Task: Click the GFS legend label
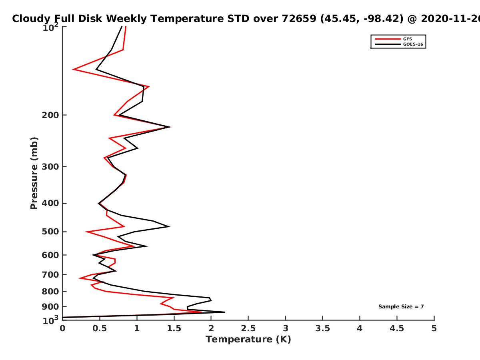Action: point(407,39)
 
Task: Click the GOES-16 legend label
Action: point(413,44)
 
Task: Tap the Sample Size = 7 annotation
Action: point(401,307)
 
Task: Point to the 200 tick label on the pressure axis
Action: point(50,115)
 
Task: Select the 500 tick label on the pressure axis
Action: point(50,232)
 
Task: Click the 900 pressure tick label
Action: point(50,307)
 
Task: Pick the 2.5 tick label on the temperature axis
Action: point(248,328)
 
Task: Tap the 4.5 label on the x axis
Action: point(397,328)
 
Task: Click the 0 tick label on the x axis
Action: point(62,328)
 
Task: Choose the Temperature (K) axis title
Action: point(248,340)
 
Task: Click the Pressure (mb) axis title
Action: point(34,173)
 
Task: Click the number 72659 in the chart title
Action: point(299,19)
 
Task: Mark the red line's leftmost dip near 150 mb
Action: point(74,69)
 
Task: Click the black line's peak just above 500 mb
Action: point(170,226)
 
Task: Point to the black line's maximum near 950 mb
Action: point(224,312)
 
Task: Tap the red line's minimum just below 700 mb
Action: point(80,278)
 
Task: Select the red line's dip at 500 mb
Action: point(86,232)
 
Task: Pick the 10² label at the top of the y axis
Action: point(50,27)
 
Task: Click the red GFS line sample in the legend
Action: point(388,39)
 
